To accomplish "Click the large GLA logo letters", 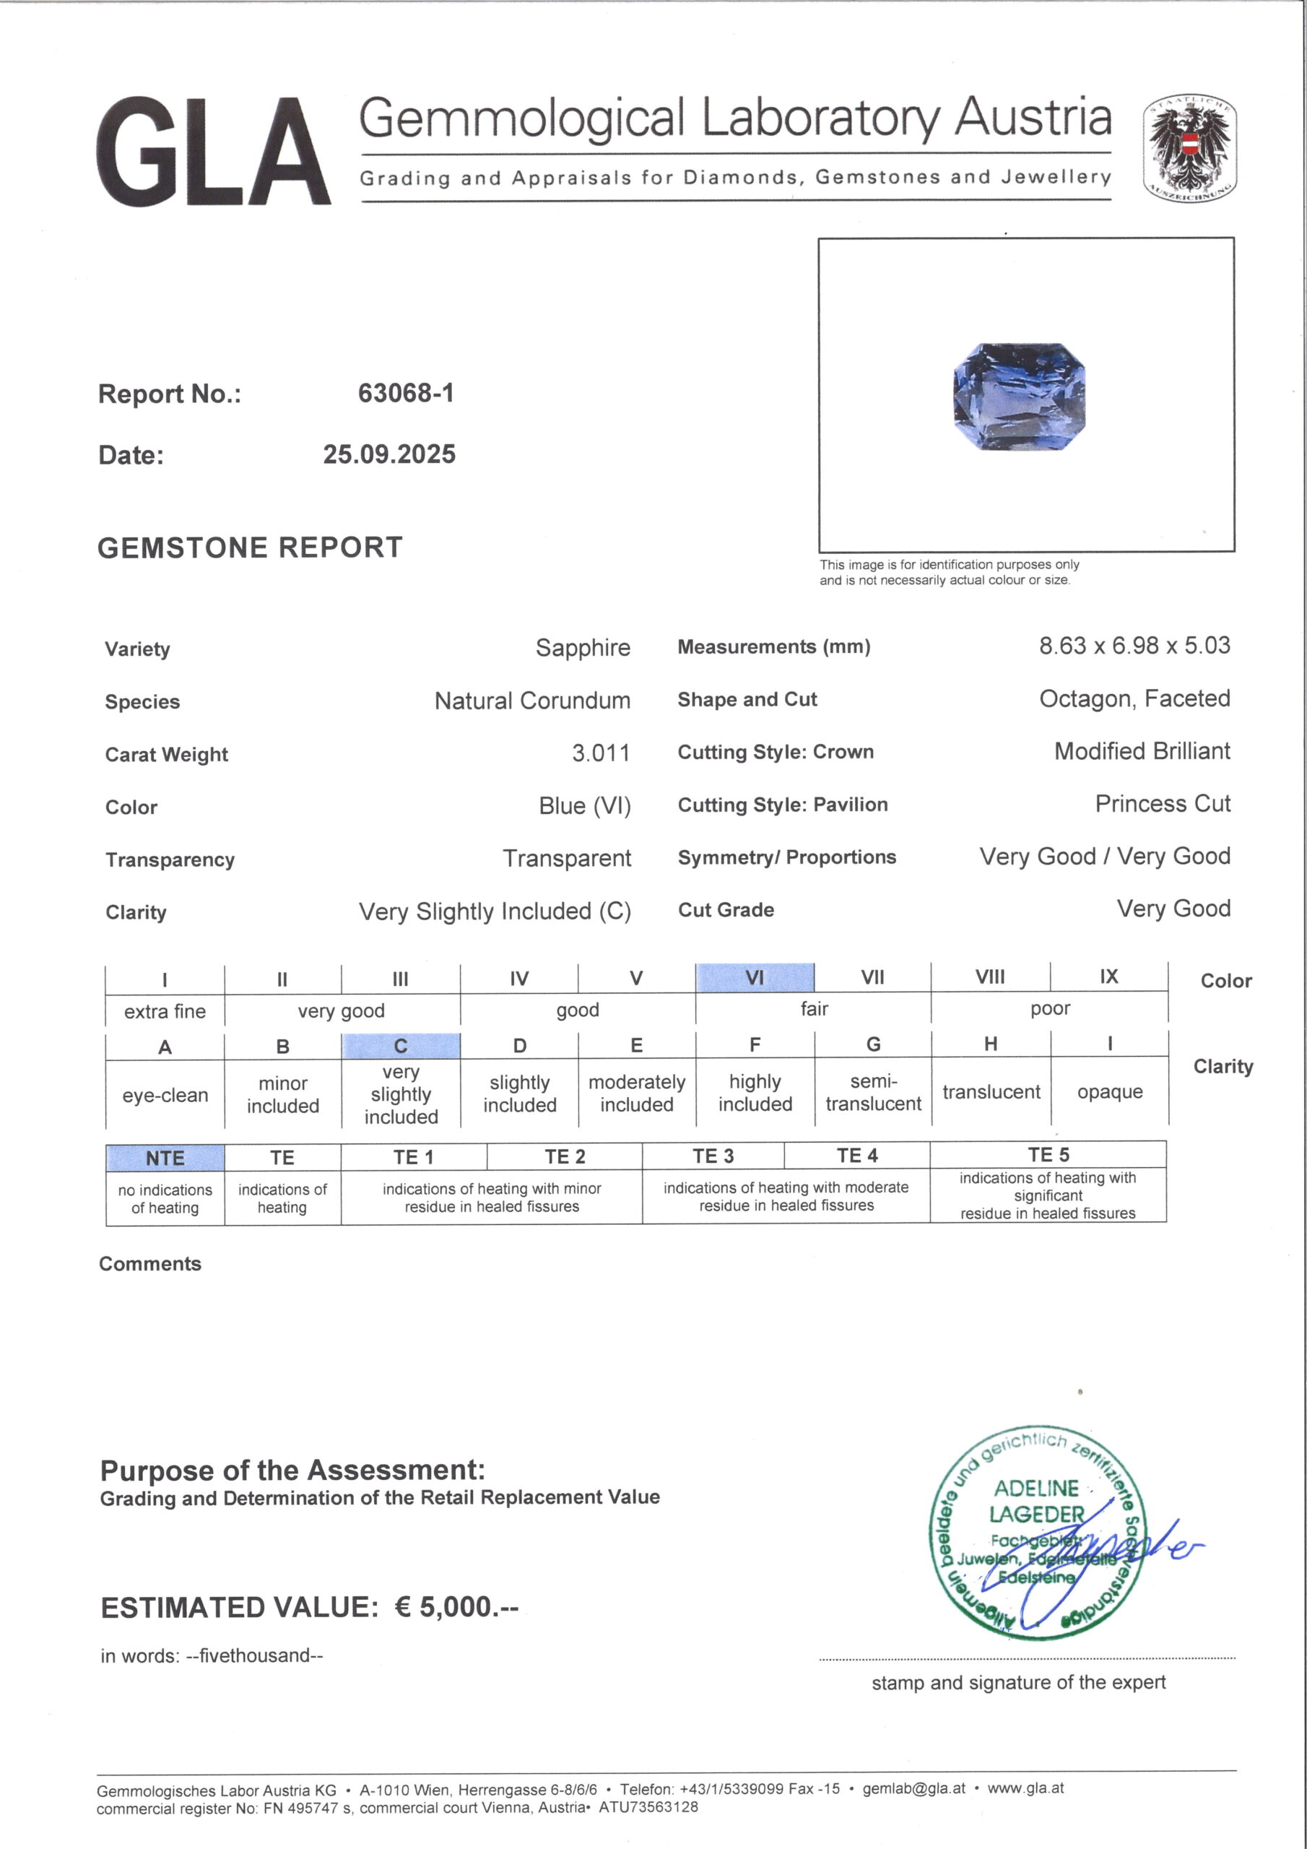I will click(214, 152).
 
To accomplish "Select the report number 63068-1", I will click(406, 393).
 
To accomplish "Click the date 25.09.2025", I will click(389, 454).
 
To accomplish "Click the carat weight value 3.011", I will click(601, 753).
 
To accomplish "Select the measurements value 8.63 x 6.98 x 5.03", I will click(1134, 645).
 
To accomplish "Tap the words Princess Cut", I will click(1162, 803).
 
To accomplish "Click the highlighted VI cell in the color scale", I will click(755, 978).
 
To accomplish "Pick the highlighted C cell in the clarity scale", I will click(401, 1046).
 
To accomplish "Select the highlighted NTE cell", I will click(165, 1158).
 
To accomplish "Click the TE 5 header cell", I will click(1048, 1155).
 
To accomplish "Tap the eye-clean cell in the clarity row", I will click(165, 1095).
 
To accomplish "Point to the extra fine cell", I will click(165, 1011).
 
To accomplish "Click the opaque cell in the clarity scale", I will click(1110, 1092).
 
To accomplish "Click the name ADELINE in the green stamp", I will click(1035, 1488).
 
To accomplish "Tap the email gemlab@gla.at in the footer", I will click(913, 1788).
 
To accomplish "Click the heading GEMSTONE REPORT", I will click(250, 547).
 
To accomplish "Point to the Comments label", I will click(149, 1263).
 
